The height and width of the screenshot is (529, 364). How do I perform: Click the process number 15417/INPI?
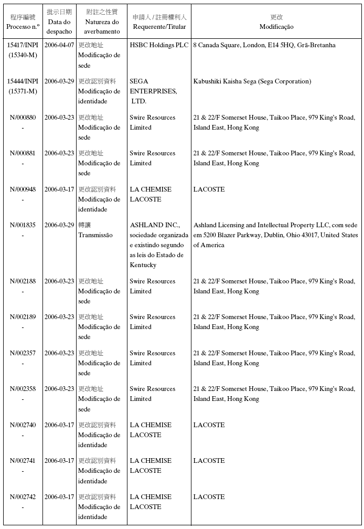(x=23, y=45)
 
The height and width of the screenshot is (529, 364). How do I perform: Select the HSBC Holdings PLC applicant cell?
(x=159, y=45)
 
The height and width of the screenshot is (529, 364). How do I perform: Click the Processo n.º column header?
(x=23, y=22)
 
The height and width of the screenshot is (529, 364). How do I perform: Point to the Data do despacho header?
(x=59, y=22)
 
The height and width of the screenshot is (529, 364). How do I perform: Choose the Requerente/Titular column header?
(x=159, y=22)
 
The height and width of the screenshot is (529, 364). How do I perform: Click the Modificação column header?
(x=276, y=22)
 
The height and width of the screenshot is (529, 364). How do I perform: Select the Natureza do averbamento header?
(x=101, y=22)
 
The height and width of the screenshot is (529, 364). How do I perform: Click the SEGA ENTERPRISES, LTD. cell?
(x=153, y=91)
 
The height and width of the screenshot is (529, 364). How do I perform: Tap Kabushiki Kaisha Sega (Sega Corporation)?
(x=252, y=81)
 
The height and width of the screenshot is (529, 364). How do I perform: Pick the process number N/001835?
(x=23, y=225)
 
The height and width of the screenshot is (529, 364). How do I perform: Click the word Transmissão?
(x=95, y=235)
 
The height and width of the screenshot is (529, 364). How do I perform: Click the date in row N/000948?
(x=59, y=189)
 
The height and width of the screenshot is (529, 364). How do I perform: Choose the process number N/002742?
(x=23, y=497)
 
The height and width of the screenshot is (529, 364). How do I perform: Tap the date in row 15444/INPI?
(x=59, y=81)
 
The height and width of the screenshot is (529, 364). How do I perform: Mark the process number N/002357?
(x=23, y=353)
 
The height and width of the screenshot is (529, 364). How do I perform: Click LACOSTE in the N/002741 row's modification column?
(x=209, y=461)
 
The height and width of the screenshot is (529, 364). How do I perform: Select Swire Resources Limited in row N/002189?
(x=153, y=322)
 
